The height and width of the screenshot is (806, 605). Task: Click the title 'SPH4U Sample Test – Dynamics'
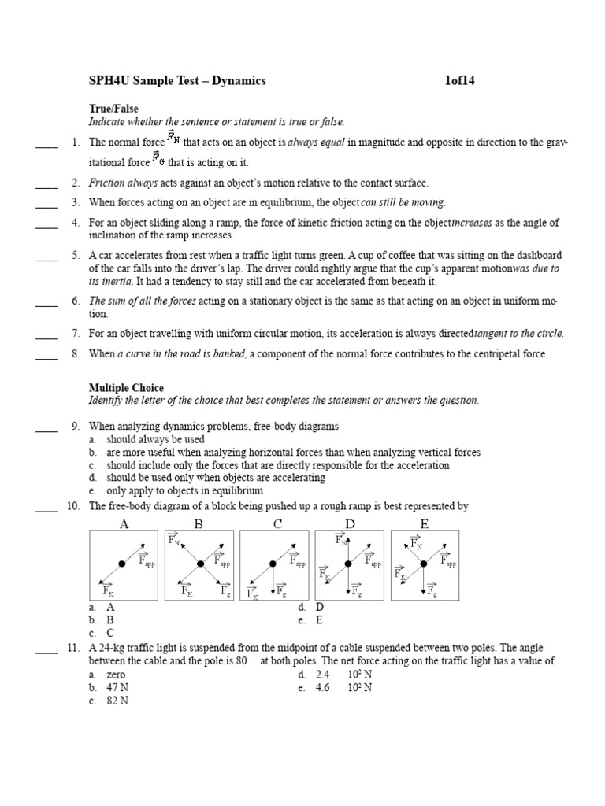tap(177, 80)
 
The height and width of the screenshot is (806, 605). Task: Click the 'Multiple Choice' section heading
tap(126, 388)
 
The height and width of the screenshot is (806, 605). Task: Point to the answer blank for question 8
tap(46, 354)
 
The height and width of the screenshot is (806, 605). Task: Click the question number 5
tap(75, 255)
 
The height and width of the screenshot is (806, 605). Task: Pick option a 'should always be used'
tap(155, 439)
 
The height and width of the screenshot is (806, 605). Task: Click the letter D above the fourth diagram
tap(350, 524)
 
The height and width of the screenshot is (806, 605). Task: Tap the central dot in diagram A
tap(122, 564)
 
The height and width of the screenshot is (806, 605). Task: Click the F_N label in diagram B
tap(174, 540)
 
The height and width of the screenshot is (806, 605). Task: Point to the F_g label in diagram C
tap(281, 591)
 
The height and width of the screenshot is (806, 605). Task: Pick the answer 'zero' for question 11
tap(116, 675)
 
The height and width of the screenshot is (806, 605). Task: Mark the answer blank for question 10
tap(46, 507)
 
